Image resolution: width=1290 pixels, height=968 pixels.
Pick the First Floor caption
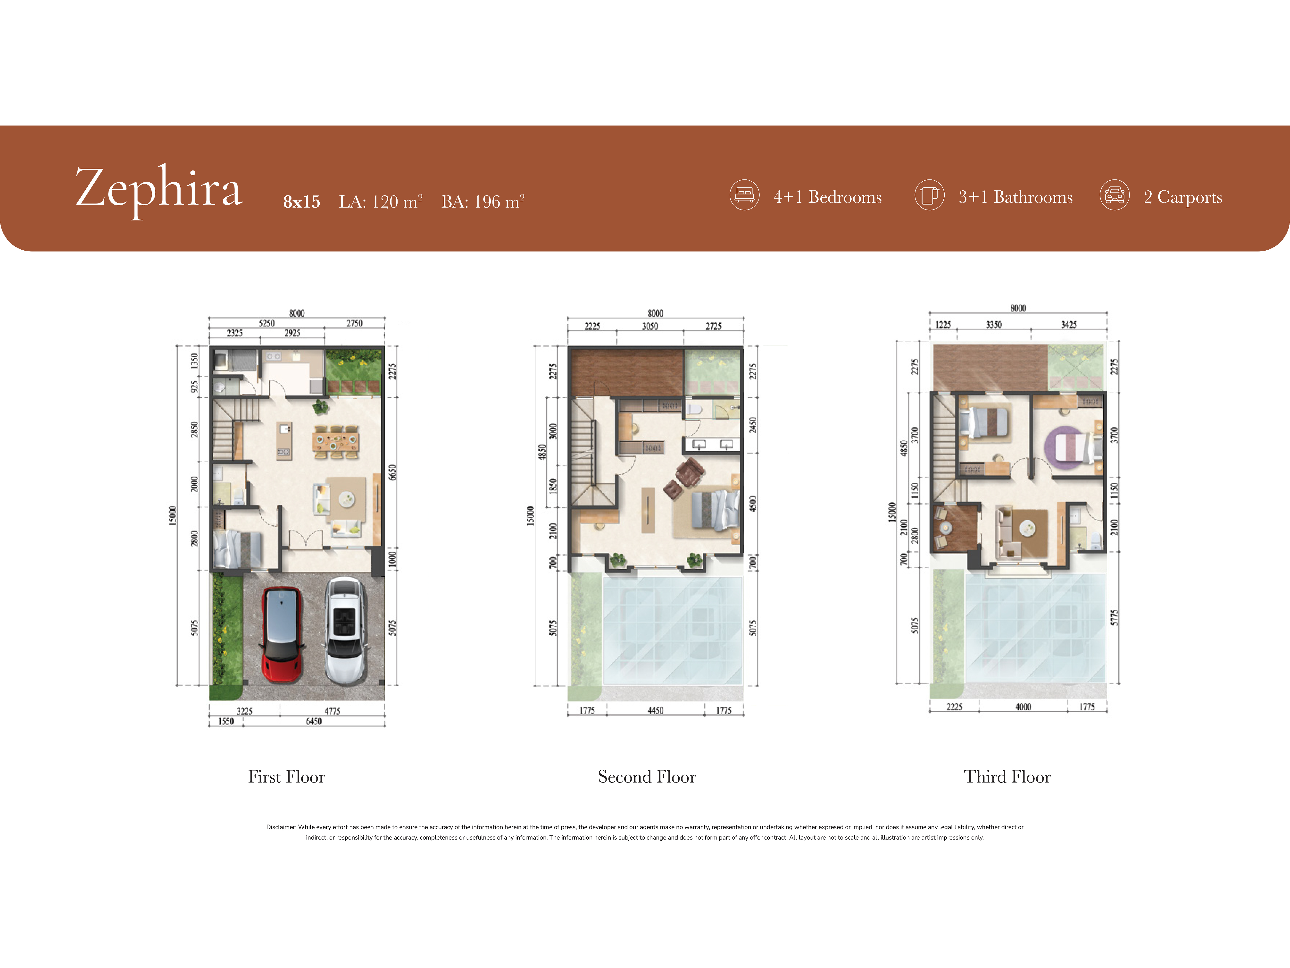(x=286, y=777)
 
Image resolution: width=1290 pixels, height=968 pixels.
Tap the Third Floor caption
(x=1007, y=777)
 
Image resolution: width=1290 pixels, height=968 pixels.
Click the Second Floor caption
(x=647, y=777)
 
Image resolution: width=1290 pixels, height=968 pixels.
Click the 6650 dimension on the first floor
(x=392, y=473)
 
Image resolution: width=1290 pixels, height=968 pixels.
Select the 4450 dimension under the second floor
(x=656, y=710)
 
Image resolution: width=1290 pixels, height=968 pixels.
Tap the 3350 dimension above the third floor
(x=994, y=324)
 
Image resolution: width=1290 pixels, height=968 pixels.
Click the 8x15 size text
(x=301, y=202)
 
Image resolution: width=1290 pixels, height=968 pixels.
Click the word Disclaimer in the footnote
(x=281, y=827)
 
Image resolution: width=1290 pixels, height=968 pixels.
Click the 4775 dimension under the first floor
(x=333, y=711)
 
